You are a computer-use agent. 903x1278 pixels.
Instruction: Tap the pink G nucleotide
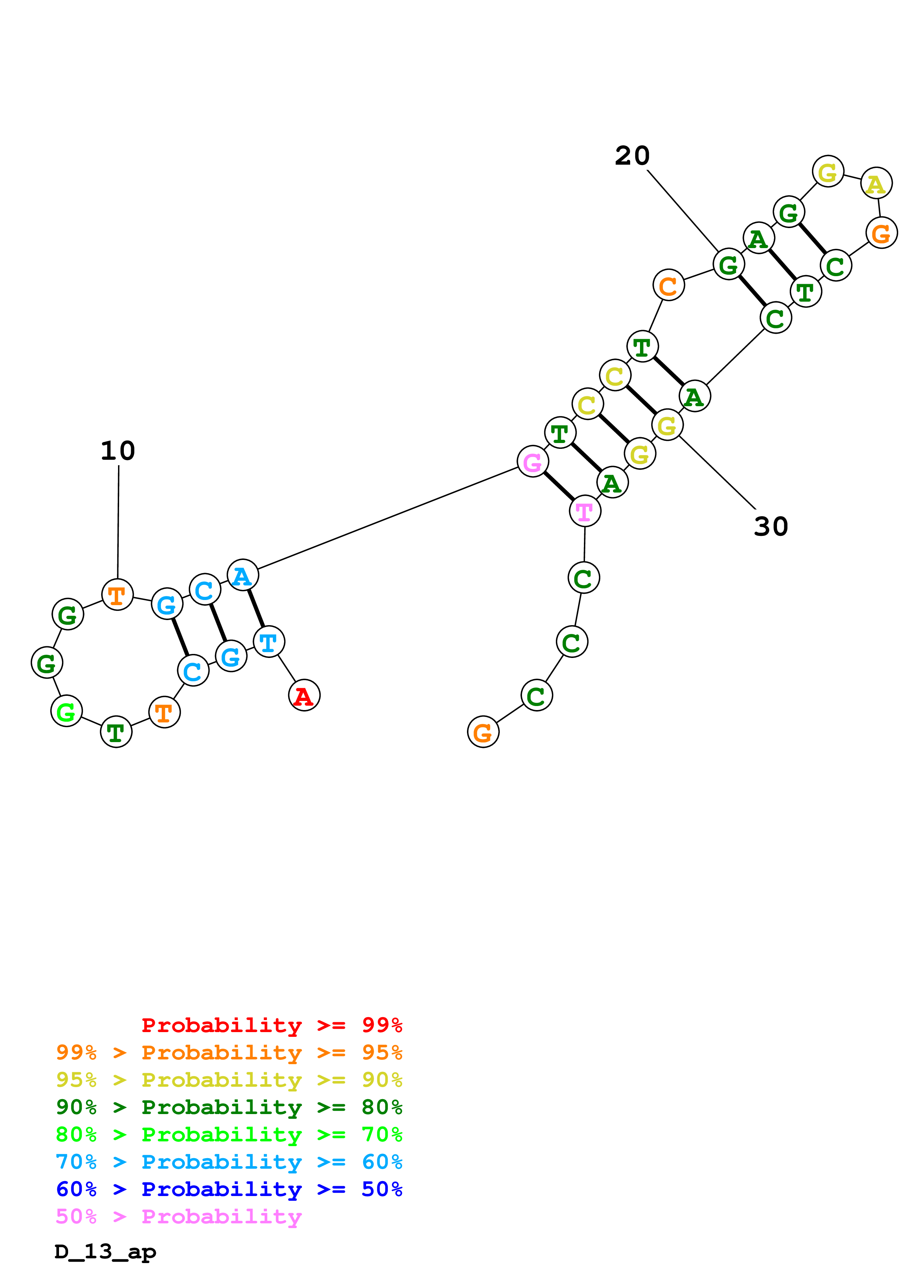pyautogui.click(x=533, y=462)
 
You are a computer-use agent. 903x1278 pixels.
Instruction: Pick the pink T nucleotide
pyautogui.click(x=585, y=511)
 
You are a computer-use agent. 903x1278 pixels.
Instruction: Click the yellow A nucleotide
pyautogui.click(x=876, y=183)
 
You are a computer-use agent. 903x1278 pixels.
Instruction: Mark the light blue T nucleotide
pyautogui.click(x=269, y=642)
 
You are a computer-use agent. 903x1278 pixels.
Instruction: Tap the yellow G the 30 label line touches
pyautogui.click(x=667, y=425)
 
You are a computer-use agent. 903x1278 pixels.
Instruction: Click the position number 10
pyautogui.click(x=118, y=451)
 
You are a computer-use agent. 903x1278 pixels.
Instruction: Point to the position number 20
pyautogui.click(x=632, y=156)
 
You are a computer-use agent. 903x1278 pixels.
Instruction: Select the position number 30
pyautogui.click(x=770, y=526)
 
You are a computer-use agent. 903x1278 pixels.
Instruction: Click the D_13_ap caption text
pyautogui.click(x=106, y=1252)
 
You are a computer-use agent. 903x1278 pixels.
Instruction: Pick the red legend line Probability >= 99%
pyautogui.click(x=271, y=1025)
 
